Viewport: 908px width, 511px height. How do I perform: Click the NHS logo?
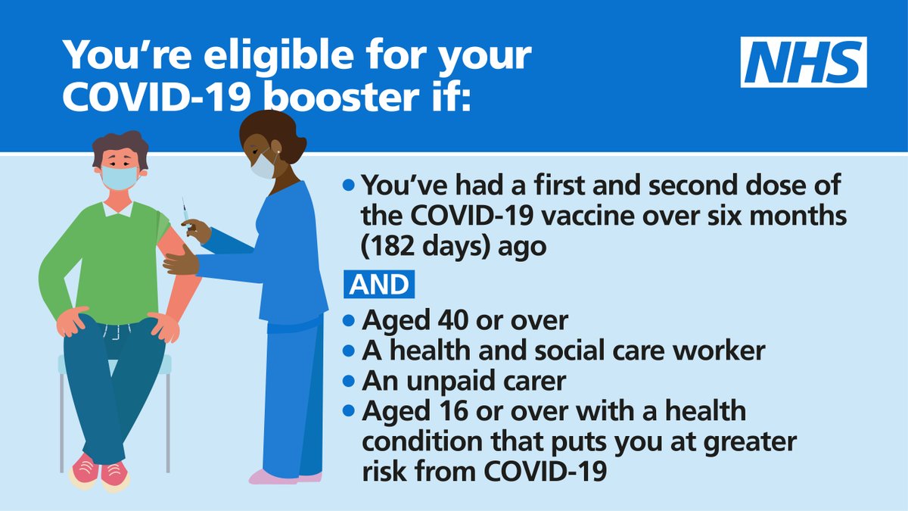(x=803, y=62)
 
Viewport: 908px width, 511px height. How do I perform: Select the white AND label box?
(x=377, y=285)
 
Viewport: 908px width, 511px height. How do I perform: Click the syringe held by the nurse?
(x=185, y=212)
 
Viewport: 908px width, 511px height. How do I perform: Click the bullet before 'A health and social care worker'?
(x=349, y=351)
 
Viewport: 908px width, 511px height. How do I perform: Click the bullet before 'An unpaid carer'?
(x=349, y=382)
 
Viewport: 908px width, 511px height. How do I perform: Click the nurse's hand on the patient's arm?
(x=179, y=262)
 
